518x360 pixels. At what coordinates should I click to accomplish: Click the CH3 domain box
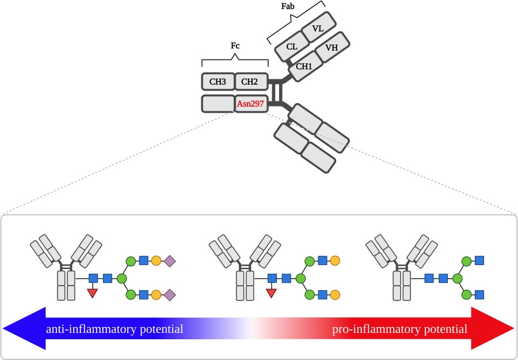point(218,82)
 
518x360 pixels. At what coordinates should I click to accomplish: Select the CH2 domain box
point(250,82)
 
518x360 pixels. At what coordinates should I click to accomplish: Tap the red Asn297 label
point(250,104)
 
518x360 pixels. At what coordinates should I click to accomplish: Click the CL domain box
point(291,47)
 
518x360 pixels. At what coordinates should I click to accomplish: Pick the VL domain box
point(318,28)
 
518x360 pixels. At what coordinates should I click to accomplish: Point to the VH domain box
point(331,48)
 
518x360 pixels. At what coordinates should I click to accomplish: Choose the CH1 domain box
point(303,67)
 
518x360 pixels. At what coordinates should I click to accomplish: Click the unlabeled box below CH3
point(218,104)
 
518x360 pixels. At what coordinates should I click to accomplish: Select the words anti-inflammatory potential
point(115,329)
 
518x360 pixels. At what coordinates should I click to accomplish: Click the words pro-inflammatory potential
point(400,329)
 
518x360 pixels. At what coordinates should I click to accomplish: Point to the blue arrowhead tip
point(5,328)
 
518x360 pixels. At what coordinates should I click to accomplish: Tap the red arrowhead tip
point(513,328)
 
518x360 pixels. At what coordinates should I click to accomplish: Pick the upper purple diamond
point(170,262)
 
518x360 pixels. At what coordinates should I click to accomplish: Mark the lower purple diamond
point(170,295)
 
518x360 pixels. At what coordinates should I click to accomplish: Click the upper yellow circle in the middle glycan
point(335,262)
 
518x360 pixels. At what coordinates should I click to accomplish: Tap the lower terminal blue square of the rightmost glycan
point(479,295)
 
